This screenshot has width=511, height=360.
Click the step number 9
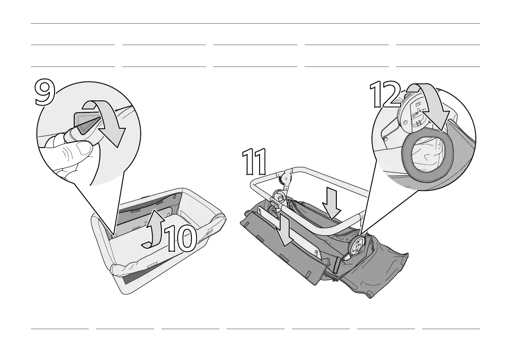[44, 93]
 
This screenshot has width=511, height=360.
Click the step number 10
[181, 239]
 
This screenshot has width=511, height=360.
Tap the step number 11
[254, 162]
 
